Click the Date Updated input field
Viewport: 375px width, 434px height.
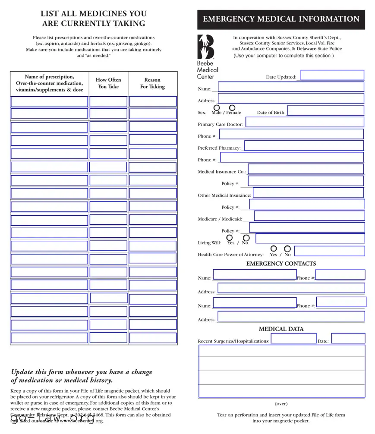pyautogui.click(x=332, y=75)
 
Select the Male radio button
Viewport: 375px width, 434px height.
pyautogui.click(x=217, y=107)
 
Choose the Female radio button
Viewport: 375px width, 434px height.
pyautogui.click(x=232, y=107)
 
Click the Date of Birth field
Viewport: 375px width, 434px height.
pyautogui.click(x=325, y=110)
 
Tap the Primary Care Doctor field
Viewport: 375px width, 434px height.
pyautogui.click(x=304, y=122)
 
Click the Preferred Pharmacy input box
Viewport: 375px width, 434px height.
pyautogui.click(x=304, y=146)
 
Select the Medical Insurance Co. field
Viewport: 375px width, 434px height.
pyautogui.click(x=306, y=169)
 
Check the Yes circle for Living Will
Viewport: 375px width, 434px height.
pyautogui.click(x=230, y=238)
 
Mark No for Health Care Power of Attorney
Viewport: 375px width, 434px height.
pyautogui.click(x=287, y=249)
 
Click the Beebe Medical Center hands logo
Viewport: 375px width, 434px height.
pyautogui.click(x=206, y=47)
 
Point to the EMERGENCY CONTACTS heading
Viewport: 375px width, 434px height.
pyautogui.click(x=281, y=264)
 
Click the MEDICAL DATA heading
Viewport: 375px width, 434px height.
pyautogui.click(x=281, y=329)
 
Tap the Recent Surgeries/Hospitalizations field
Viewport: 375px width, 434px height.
pyautogui.click(x=293, y=339)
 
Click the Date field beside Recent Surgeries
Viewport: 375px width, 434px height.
pyautogui.click(x=348, y=339)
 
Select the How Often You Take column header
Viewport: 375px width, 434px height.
pyautogui.click(x=108, y=83)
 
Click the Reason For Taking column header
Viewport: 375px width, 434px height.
pyautogui.click(x=152, y=83)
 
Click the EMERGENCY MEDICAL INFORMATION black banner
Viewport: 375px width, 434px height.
pyautogui.click(x=281, y=19)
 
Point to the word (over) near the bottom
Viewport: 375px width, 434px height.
pyautogui.click(x=281, y=404)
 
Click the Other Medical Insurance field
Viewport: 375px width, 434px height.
pyautogui.click(x=308, y=192)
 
